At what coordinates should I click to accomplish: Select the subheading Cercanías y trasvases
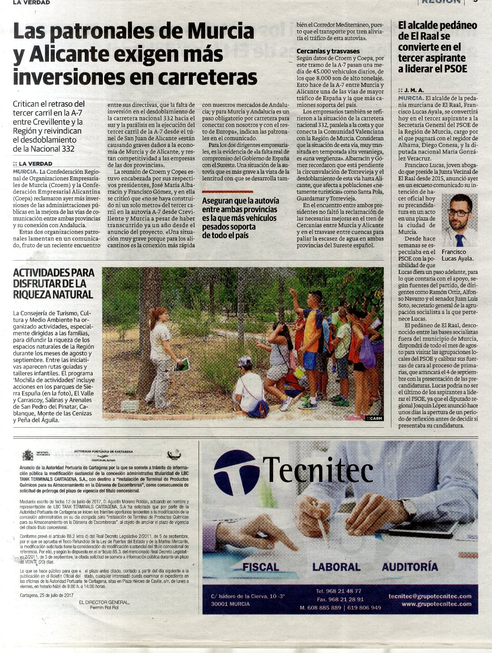click(x=328, y=51)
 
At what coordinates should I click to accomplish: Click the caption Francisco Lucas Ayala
click(x=457, y=255)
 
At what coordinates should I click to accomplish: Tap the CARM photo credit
click(x=374, y=418)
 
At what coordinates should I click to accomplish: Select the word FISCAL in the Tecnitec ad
click(x=261, y=567)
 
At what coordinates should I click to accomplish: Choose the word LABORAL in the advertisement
click(x=336, y=567)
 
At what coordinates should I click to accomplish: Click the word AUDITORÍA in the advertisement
click(x=410, y=567)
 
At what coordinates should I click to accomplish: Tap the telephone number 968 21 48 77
click(x=338, y=591)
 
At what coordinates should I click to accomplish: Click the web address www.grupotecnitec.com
click(x=436, y=604)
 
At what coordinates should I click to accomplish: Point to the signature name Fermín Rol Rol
click(x=104, y=608)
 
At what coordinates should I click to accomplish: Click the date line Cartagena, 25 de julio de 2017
click(x=46, y=595)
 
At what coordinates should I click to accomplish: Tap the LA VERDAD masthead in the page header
click(x=31, y=3)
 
